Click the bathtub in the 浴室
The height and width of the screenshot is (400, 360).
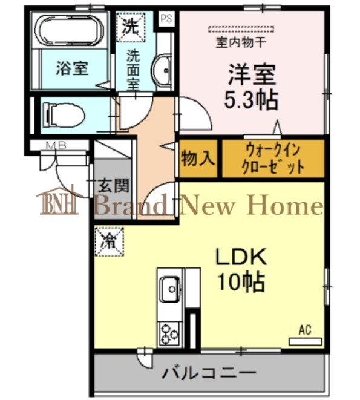69,31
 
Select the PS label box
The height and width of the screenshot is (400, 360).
166,19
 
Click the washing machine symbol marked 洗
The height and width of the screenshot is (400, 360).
131,27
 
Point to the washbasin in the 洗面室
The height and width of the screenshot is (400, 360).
162,70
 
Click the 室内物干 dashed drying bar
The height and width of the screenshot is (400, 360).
241,29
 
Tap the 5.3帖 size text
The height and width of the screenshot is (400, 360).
251,100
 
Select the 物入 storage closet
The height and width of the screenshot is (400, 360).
198,159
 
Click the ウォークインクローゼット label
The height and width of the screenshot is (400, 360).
273,159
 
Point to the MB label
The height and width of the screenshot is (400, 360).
56,146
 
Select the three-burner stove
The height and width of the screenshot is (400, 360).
169,335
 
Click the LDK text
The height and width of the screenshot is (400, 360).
241,257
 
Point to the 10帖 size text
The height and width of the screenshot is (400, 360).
241,282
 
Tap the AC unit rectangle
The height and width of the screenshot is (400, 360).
305,341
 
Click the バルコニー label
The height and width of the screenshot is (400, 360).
209,373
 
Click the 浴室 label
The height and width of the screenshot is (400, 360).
72,68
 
